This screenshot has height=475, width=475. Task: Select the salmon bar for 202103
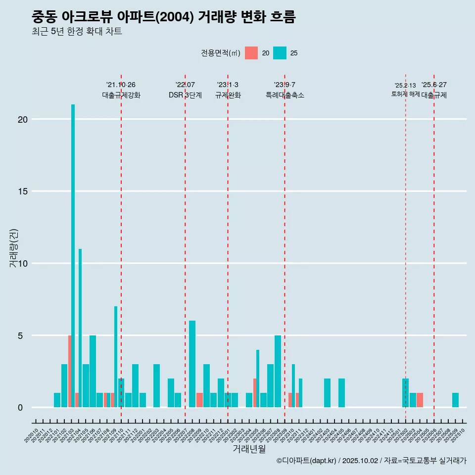point(70,371)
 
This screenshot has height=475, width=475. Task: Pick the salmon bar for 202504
point(420,400)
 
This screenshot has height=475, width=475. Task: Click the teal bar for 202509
point(455,400)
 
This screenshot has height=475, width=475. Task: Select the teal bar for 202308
point(278,371)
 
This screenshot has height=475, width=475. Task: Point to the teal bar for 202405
point(341,393)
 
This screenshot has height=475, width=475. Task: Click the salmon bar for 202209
point(199,400)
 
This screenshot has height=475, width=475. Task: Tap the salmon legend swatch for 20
point(251,53)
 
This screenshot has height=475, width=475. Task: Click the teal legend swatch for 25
point(280,53)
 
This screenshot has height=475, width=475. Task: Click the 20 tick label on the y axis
point(22,119)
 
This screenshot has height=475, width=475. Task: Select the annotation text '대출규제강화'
point(121,95)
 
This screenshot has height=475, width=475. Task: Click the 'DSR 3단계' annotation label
point(185,95)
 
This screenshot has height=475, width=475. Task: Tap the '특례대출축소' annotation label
point(285,95)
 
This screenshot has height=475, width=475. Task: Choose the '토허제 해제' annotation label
point(405,94)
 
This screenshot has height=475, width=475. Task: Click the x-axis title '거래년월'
point(249,449)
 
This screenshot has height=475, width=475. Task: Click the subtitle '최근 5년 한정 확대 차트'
point(77,32)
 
